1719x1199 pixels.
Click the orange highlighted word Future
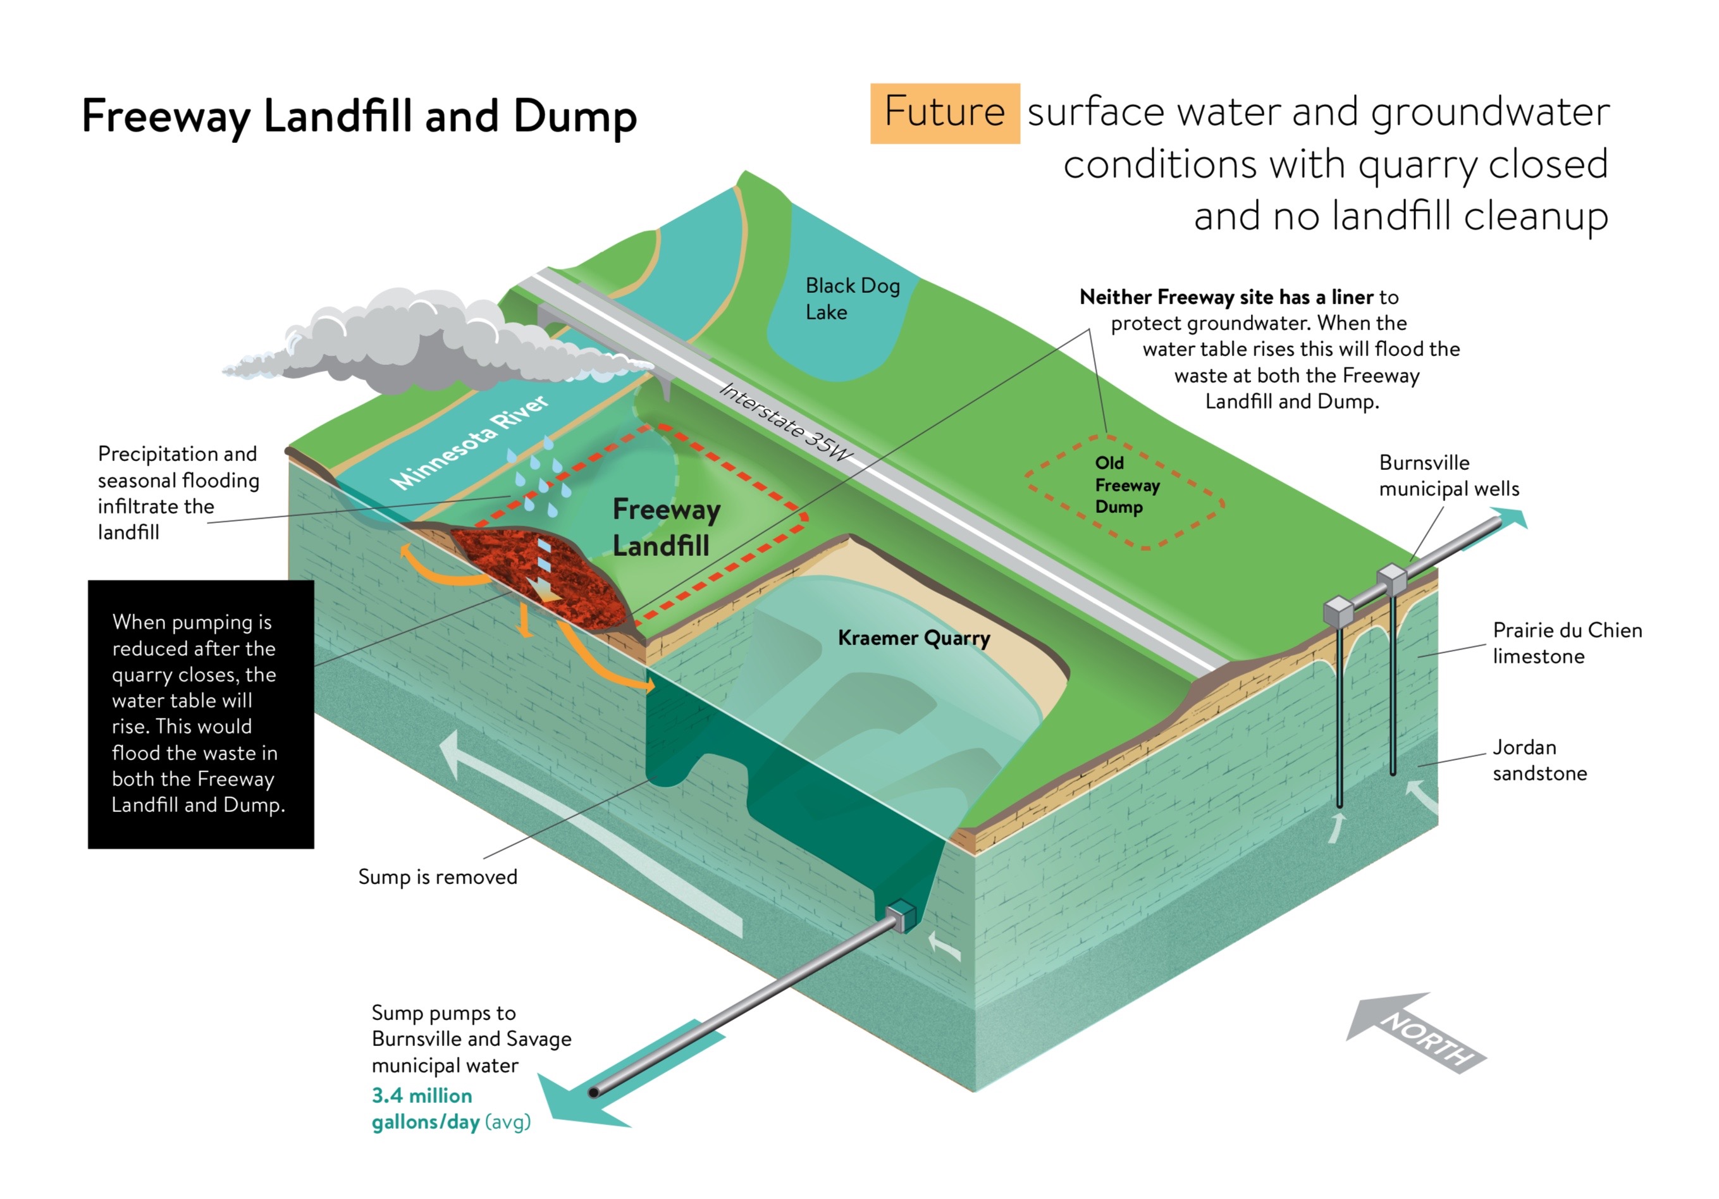tap(944, 113)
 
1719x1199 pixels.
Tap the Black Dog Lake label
tap(852, 298)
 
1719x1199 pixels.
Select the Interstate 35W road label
tap(786, 421)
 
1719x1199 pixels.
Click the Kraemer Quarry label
tap(913, 637)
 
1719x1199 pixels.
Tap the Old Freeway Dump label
tap(1127, 485)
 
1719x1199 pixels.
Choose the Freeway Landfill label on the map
tap(665, 527)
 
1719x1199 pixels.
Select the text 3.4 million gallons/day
tap(423, 1109)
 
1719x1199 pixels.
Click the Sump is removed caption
tap(437, 876)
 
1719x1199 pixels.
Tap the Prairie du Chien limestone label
tap(1567, 643)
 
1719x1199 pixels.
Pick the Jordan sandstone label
tap(1539, 759)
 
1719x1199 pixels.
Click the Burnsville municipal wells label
tap(1449, 476)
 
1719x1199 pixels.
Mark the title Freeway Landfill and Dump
tap(359, 117)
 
